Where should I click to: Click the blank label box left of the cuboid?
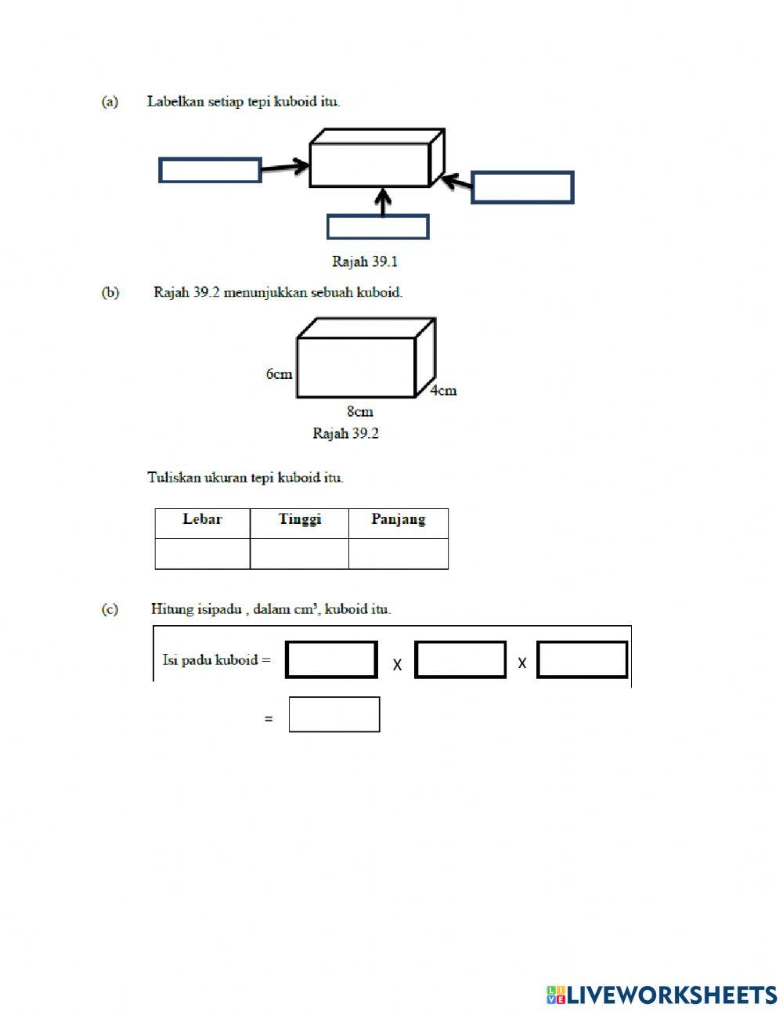point(210,170)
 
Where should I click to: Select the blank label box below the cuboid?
point(377,226)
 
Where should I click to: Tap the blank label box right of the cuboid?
point(522,187)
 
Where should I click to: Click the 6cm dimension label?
point(279,374)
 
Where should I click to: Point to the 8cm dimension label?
point(360,411)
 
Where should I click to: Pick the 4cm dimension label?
point(443,390)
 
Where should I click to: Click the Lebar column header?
point(202,519)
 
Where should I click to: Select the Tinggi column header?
point(300,519)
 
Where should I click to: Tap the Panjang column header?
point(398,519)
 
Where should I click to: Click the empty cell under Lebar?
point(202,553)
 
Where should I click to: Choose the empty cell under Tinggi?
point(299,553)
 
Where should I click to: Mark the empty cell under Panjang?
point(398,553)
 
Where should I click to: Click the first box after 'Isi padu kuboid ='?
point(331,659)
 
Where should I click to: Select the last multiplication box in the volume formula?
point(582,659)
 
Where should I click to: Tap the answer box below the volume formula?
point(334,714)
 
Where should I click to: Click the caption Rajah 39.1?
point(365,262)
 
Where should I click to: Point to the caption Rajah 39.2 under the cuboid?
point(345,433)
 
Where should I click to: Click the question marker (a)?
point(110,101)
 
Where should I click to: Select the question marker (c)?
point(110,608)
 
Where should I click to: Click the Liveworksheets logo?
point(662,995)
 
